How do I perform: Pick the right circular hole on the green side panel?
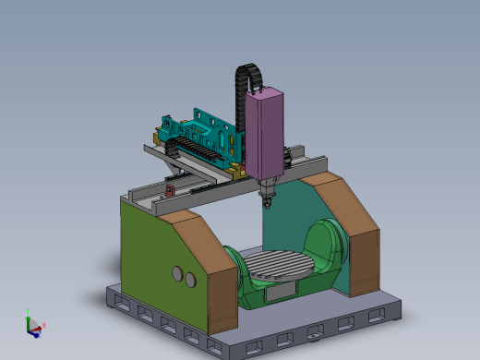(190, 278)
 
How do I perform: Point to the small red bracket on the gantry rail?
(170, 190)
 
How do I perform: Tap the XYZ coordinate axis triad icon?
(32, 324)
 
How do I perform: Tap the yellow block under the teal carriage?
(238, 169)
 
